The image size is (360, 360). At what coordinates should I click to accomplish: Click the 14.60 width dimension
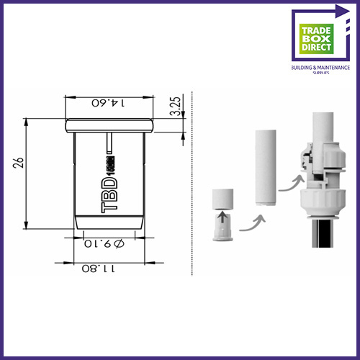(109, 102)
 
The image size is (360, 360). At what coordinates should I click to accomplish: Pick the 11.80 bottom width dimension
(101, 269)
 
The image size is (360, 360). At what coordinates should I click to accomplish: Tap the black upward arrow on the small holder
(223, 215)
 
